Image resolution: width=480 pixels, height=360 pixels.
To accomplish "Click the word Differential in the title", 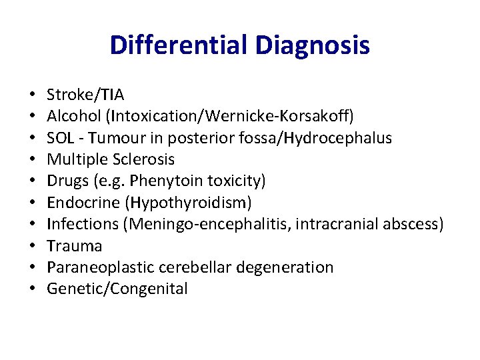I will pos(179,45).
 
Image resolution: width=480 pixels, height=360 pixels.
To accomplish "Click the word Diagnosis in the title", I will pos(312,45).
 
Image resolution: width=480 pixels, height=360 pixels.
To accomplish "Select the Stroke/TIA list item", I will pos(85,95).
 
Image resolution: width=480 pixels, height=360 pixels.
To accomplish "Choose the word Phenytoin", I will pos(163,181).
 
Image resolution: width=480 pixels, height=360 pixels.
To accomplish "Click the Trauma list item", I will pos(75,245).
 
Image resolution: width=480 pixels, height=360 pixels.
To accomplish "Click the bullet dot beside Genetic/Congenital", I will pos(32,289).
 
